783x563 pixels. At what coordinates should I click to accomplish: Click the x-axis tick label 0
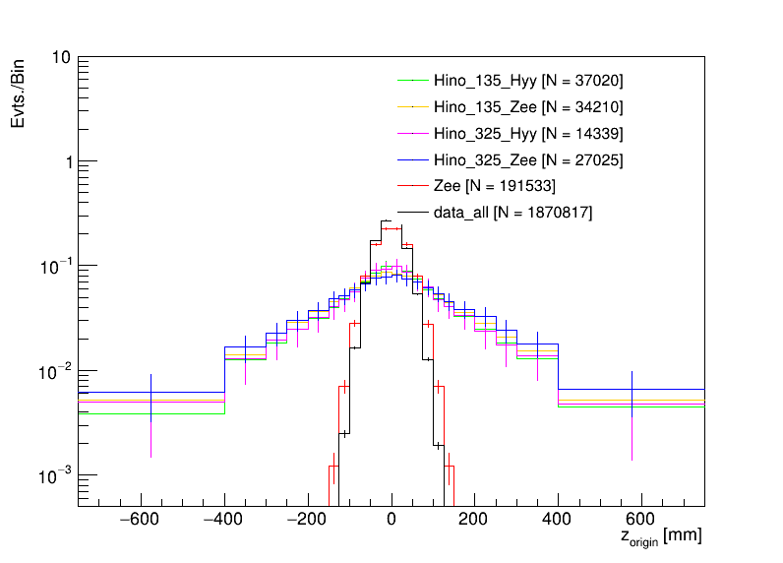(391, 520)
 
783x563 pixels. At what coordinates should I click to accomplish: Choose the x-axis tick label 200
(475, 520)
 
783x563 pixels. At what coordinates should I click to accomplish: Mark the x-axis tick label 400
(559, 520)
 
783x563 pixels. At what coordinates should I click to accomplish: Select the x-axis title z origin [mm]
(661, 537)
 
